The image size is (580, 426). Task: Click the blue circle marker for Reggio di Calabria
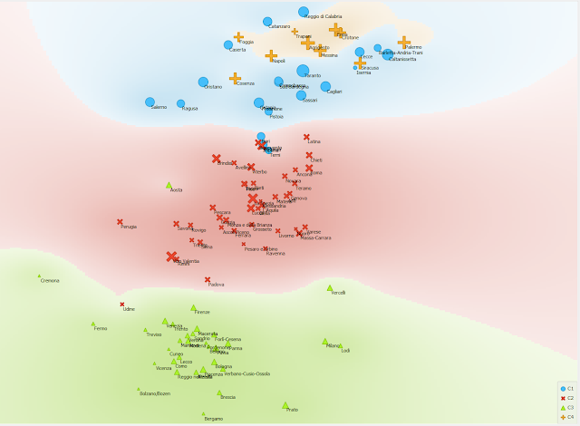[x=304, y=12]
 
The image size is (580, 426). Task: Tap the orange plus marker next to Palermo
[x=404, y=42]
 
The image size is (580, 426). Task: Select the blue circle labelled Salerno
[x=150, y=102]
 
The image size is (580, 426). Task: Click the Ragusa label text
[x=189, y=109]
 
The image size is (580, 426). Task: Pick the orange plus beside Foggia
[x=238, y=37]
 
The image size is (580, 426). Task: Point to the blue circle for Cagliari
[x=325, y=87]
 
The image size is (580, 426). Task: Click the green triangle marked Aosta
[x=169, y=186]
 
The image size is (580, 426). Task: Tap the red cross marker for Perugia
[x=120, y=221]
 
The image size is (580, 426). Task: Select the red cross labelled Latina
[x=306, y=137]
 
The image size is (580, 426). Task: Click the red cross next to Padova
[x=208, y=280]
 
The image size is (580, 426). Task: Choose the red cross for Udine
[x=122, y=305]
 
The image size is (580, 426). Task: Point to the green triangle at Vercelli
[x=330, y=288]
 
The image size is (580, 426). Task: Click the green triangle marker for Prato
[x=285, y=405]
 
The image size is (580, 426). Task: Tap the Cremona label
[x=50, y=281]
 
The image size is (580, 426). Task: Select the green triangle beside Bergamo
[x=203, y=414]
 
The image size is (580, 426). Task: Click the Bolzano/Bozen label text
[x=154, y=393]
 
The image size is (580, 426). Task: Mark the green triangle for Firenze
[x=193, y=308]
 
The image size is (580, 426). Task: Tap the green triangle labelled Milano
[x=324, y=342]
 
